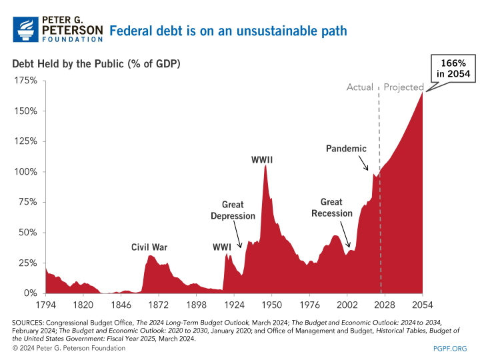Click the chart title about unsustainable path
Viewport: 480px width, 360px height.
[228, 31]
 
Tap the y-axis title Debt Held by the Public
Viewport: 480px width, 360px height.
[96, 63]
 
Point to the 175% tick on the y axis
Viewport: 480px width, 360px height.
[26, 81]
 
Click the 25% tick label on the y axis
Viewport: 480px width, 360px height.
[28, 263]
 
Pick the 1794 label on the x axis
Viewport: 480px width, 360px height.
[45, 305]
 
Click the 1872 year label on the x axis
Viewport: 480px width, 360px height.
[158, 305]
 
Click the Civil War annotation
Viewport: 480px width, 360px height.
[149, 247]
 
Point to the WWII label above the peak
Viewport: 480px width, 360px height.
[262, 160]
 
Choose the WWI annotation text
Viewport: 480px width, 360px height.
[222, 247]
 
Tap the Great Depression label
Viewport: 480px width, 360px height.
[233, 210]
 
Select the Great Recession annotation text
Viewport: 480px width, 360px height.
[331, 207]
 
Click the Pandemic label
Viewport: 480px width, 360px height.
[347, 148]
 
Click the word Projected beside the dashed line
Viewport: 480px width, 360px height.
[404, 87]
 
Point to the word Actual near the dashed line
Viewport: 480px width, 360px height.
[360, 87]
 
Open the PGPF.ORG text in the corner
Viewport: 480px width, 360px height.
[450, 348]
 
